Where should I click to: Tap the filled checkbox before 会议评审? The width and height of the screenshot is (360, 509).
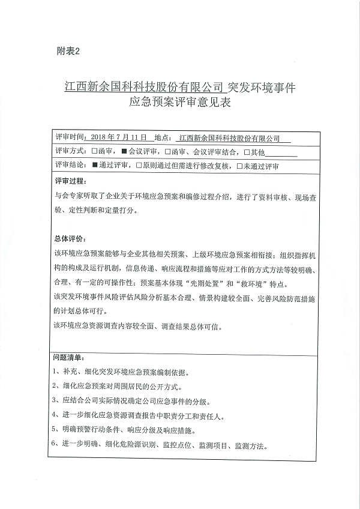pyautogui.click(x=124, y=151)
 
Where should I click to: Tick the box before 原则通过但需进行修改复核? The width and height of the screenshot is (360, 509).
pyautogui.click(x=139, y=165)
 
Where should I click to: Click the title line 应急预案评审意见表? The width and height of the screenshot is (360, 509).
pyautogui.click(x=180, y=103)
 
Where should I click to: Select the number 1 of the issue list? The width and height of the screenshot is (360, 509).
pyautogui.click(x=56, y=371)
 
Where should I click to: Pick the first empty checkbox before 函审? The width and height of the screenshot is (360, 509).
pyautogui.click(x=95, y=151)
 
